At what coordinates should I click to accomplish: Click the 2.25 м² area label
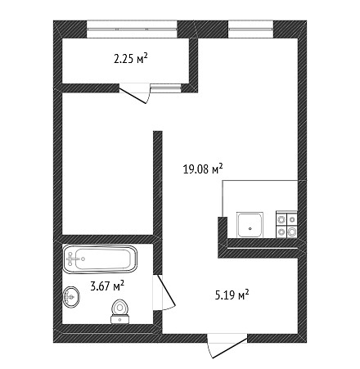(131, 58)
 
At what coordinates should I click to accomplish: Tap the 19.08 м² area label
(203, 169)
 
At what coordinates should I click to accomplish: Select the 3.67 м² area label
(107, 286)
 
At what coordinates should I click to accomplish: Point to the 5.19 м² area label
(232, 295)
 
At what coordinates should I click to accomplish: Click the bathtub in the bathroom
(100, 259)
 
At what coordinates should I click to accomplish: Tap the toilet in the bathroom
(119, 312)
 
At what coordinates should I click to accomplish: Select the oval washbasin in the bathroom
(71, 297)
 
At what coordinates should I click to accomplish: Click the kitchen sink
(250, 225)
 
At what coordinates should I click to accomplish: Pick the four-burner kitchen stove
(286, 224)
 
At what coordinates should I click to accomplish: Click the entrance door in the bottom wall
(227, 346)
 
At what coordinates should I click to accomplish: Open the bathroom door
(164, 292)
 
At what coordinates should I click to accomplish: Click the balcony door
(135, 93)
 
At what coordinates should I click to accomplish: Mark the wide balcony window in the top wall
(132, 29)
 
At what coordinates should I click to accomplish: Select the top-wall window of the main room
(250, 29)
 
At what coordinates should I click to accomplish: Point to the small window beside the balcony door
(166, 88)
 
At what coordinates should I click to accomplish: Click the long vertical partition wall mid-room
(158, 202)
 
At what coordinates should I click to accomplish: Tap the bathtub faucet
(71, 259)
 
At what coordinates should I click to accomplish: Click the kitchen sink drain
(250, 229)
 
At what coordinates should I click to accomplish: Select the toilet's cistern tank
(119, 319)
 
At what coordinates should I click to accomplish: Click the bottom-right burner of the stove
(292, 232)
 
